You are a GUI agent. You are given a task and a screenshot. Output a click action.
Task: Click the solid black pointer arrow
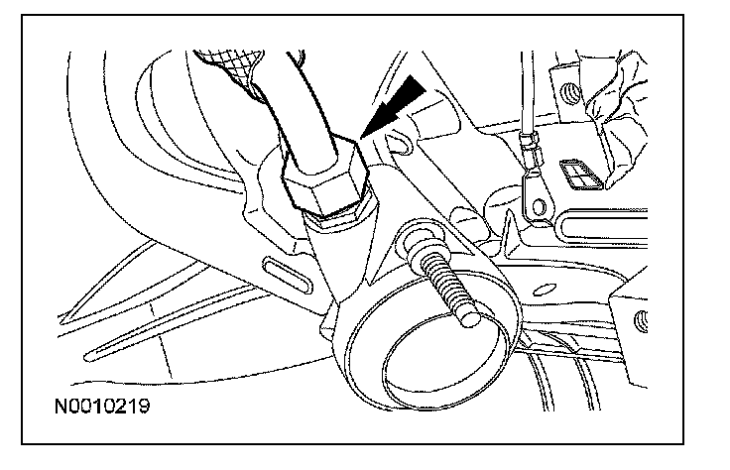[x=394, y=107]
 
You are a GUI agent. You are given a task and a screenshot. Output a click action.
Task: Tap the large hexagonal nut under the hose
[x=324, y=179]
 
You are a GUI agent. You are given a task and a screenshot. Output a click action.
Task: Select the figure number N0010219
[x=102, y=407]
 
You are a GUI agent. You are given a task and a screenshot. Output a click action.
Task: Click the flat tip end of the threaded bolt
[x=469, y=318]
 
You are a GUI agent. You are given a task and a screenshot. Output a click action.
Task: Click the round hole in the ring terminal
[x=539, y=205]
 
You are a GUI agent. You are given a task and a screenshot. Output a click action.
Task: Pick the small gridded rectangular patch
[x=581, y=175]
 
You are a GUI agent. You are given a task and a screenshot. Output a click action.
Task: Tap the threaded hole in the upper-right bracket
[x=570, y=94]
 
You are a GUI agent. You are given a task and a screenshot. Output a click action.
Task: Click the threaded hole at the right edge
[x=641, y=320]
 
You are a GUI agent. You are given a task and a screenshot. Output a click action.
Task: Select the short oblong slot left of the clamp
[x=286, y=275]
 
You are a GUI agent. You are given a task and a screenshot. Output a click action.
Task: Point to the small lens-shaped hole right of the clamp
[x=544, y=290]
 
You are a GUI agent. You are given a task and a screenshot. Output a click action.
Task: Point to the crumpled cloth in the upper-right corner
[x=616, y=116]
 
